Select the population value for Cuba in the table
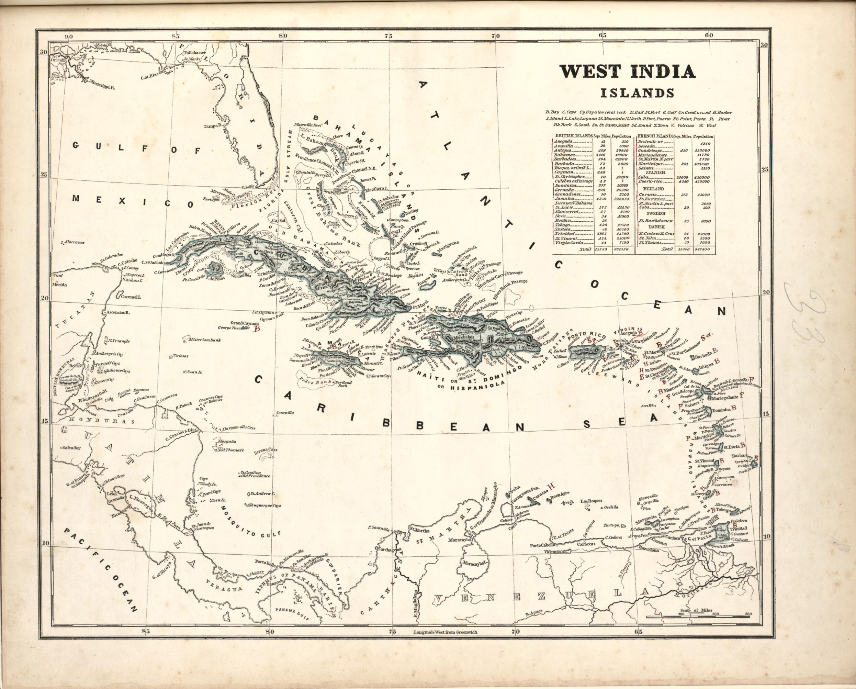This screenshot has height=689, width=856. [702, 178]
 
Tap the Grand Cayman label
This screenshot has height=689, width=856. [242, 323]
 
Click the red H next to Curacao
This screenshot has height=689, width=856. [551, 487]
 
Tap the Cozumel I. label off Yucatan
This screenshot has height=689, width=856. [129, 297]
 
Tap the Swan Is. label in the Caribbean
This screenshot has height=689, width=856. [195, 373]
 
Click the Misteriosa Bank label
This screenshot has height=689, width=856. [205, 340]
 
